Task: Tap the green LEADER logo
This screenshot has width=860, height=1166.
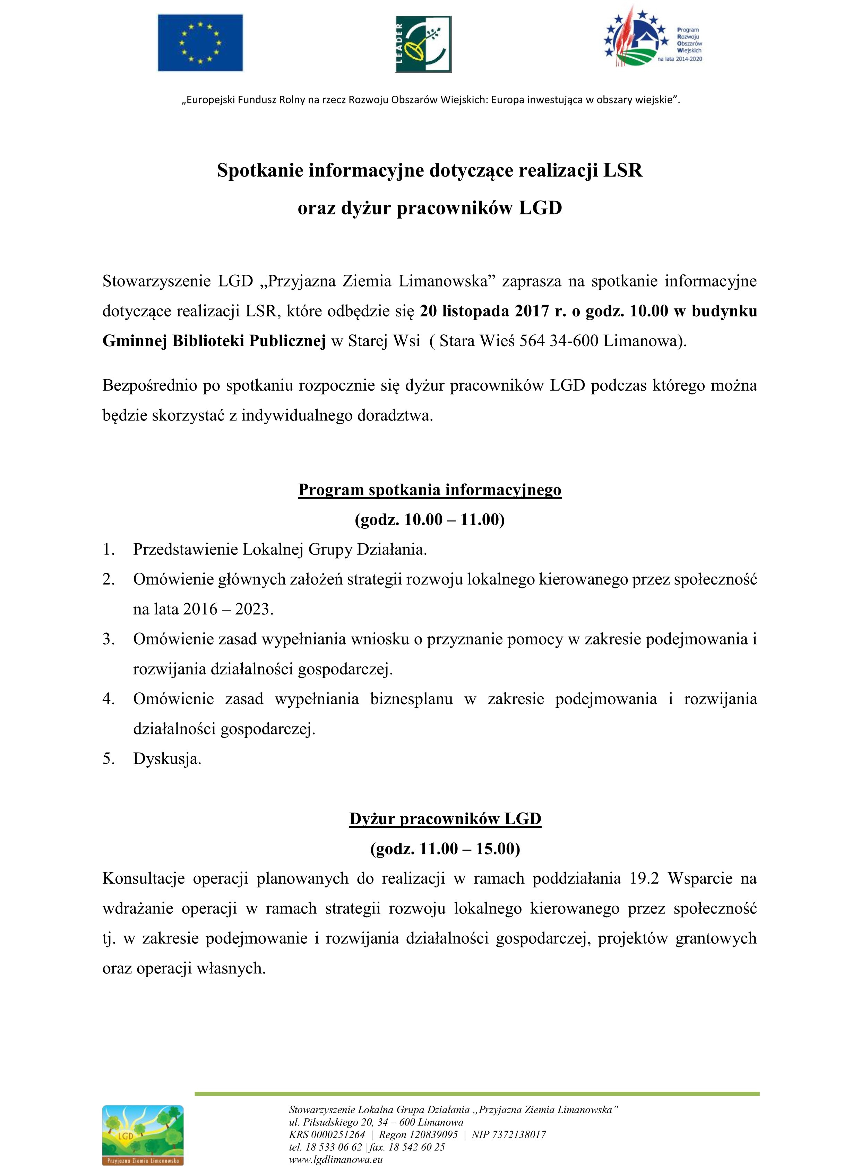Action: coord(423,44)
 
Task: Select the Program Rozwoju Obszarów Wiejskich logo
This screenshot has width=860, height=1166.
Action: coord(653,39)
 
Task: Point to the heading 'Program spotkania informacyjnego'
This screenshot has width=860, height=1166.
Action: coord(429,490)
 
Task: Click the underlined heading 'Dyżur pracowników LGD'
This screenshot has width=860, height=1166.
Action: coord(445,819)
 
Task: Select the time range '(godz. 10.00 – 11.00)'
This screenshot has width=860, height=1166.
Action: coord(429,520)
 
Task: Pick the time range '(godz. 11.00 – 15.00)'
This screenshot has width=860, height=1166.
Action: coord(445,849)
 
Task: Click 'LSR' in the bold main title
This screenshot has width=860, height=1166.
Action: coord(622,171)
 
